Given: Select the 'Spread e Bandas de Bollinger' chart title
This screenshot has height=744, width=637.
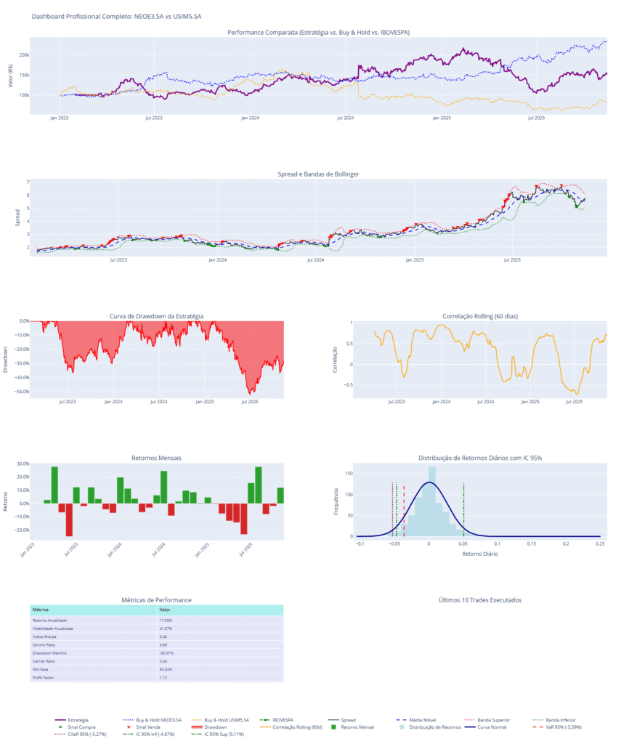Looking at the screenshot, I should (x=318, y=174).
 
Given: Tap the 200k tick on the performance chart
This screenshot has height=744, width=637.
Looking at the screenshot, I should (x=24, y=55).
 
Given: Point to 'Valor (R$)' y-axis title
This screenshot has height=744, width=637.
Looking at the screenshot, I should (x=10, y=75).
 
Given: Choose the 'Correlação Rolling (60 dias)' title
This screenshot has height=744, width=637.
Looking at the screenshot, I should (x=479, y=316).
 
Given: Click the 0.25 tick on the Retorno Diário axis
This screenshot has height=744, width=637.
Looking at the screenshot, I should (x=599, y=543).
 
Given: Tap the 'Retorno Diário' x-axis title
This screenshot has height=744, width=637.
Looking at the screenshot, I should (x=479, y=554).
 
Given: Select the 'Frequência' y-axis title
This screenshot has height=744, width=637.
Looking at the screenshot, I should (x=336, y=501).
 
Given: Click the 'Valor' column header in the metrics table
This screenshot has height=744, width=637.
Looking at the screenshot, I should (x=165, y=609).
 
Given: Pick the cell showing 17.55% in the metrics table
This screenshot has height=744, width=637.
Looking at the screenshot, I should (x=166, y=620).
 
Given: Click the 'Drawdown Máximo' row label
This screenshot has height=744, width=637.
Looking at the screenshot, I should (x=50, y=653).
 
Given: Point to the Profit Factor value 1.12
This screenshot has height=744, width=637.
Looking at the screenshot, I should (x=163, y=677).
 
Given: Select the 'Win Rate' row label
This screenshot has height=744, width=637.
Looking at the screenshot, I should (x=41, y=669).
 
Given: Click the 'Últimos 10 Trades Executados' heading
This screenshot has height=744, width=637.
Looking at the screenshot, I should (x=480, y=600).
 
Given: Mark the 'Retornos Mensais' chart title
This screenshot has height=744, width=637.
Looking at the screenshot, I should (x=156, y=458).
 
